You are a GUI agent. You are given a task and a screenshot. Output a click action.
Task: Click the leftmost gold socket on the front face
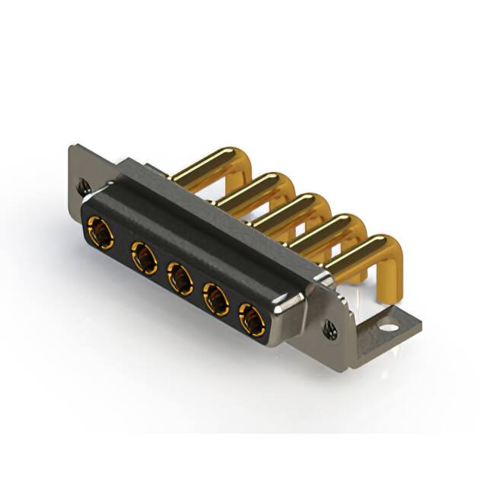100,231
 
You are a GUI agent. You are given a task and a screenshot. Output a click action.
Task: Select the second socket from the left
143,257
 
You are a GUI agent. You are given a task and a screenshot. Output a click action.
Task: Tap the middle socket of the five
180,279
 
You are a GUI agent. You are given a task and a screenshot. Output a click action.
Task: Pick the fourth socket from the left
217,301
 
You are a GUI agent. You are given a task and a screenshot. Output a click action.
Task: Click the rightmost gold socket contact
252,320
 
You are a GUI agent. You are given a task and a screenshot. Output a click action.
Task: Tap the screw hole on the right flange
332,329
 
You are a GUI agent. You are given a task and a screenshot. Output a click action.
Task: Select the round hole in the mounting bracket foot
390,329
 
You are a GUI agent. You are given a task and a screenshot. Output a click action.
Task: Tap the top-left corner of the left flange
72,149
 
